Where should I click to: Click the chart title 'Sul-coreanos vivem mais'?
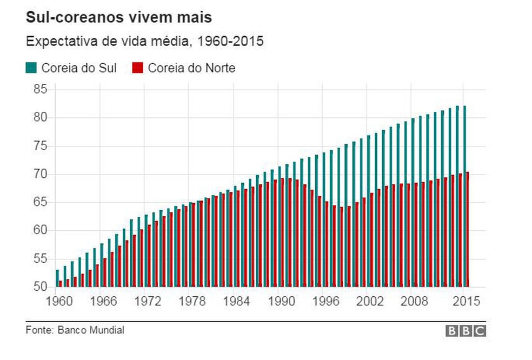click(x=119, y=18)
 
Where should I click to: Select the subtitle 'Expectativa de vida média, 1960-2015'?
click(x=144, y=42)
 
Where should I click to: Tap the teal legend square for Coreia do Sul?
click(x=31, y=68)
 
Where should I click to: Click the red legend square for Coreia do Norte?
click(x=137, y=68)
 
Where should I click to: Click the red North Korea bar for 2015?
click(x=467, y=230)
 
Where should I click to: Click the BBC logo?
click(x=465, y=331)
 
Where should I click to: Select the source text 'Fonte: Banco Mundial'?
click(x=75, y=330)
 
